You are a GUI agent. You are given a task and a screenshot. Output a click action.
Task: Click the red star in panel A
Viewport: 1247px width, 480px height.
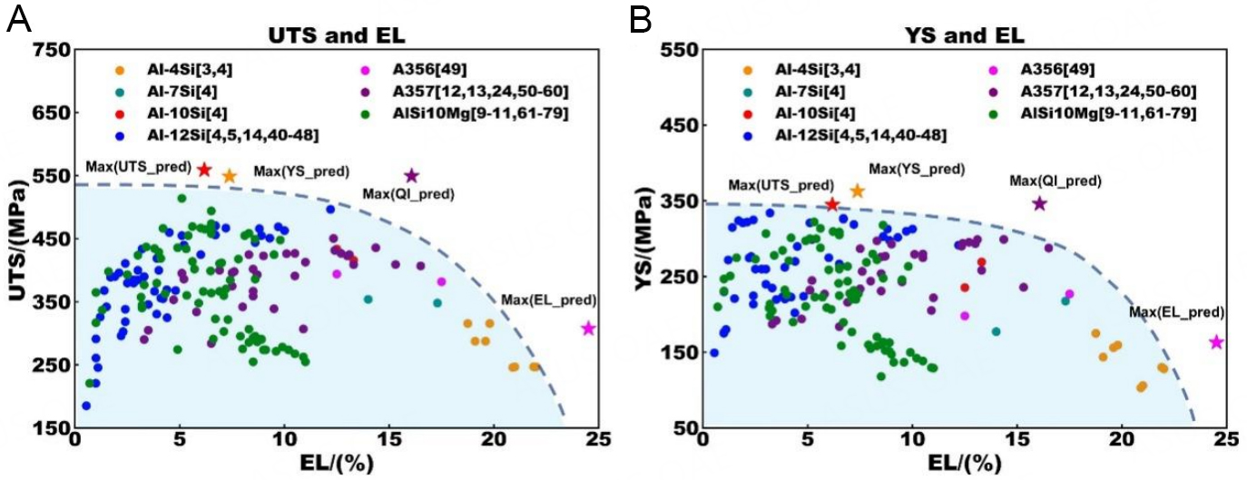pyautogui.click(x=205, y=170)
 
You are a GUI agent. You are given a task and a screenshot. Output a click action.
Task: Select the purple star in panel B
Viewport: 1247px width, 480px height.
pyautogui.click(x=1040, y=203)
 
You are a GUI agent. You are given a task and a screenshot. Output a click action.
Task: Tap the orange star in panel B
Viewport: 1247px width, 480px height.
pyautogui.click(x=857, y=191)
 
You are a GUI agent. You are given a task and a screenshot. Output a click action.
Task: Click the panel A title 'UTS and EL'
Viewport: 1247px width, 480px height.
pyautogui.click(x=335, y=35)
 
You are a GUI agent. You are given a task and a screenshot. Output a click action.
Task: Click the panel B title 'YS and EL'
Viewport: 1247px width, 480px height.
pyautogui.click(x=964, y=35)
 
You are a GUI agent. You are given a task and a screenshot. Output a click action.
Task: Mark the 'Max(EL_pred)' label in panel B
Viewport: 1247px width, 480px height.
pyautogui.click(x=1175, y=313)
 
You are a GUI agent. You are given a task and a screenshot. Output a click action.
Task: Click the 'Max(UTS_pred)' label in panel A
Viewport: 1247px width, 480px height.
pyautogui.click(x=138, y=167)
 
